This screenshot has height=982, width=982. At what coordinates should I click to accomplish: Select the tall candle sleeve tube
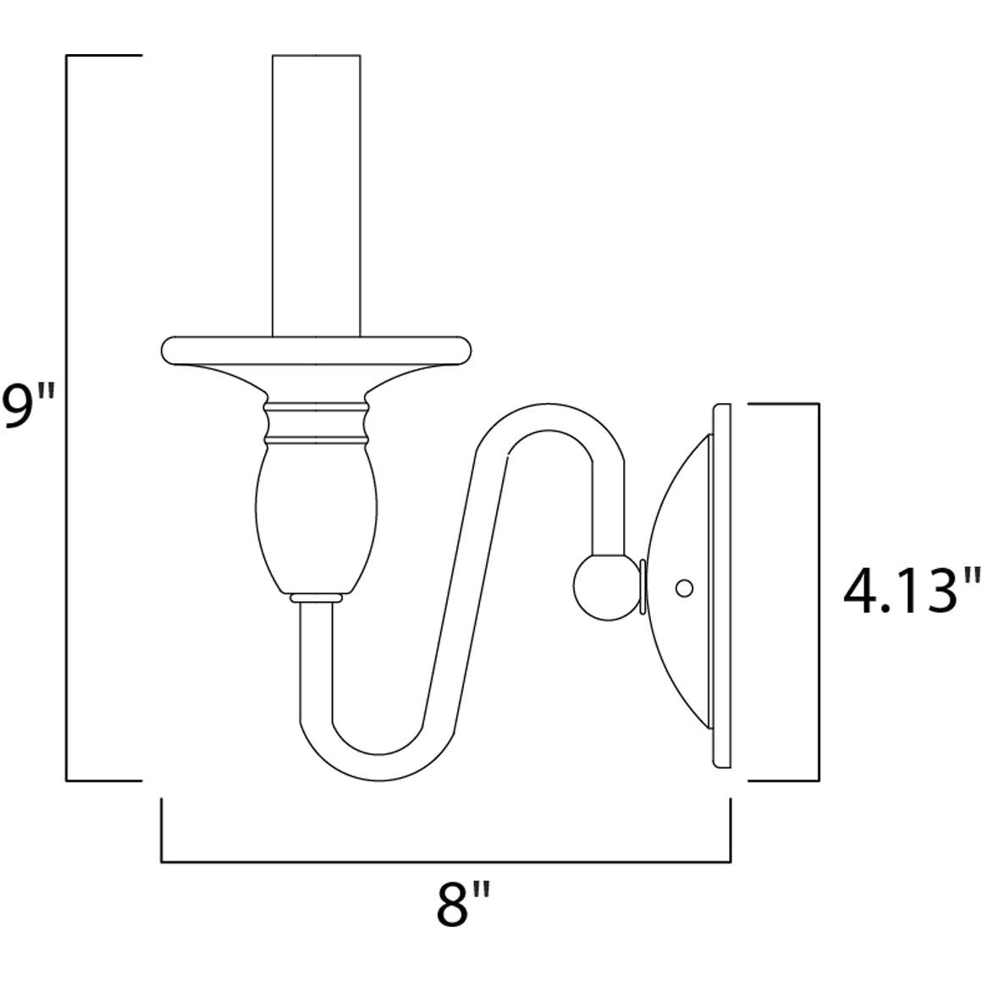tap(316, 195)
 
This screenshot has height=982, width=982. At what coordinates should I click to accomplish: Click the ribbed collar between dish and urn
tap(316, 423)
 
